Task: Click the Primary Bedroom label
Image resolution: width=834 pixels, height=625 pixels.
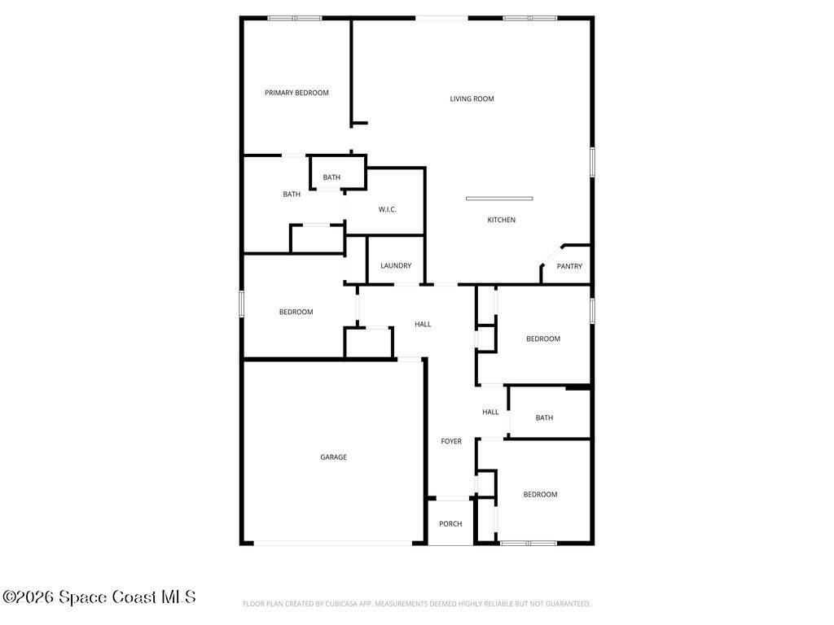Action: pos(296,93)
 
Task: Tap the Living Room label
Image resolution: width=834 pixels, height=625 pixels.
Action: pos(472,98)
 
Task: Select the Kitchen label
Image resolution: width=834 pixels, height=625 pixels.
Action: pos(502,220)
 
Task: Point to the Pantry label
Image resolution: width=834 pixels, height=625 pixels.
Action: pos(569,266)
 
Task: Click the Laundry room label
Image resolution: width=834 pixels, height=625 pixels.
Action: pos(396,266)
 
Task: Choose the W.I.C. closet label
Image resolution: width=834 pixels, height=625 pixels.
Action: pos(387,210)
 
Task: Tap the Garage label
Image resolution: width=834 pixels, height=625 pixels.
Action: pos(333,457)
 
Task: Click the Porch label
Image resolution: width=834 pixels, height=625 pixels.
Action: pos(450,524)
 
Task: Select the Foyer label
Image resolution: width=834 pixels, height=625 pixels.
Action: pos(451,442)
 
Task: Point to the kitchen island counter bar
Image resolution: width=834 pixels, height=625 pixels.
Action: pos(499,199)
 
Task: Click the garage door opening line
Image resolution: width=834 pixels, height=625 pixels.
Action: pos(333,543)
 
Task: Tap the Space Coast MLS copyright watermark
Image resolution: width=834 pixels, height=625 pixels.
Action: pos(99,597)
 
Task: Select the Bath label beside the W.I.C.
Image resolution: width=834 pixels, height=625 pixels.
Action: pos(331,177)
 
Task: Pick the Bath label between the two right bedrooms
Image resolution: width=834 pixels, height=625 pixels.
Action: pos(544,418)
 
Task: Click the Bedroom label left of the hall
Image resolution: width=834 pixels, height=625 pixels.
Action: pos(296,312)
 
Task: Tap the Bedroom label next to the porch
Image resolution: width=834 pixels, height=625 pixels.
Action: pos(541,495)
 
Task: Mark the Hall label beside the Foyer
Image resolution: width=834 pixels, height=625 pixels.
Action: pos(490,412)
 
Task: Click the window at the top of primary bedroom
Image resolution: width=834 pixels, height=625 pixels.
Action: pos(295,19)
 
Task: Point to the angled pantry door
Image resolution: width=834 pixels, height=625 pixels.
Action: pos(552,254)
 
